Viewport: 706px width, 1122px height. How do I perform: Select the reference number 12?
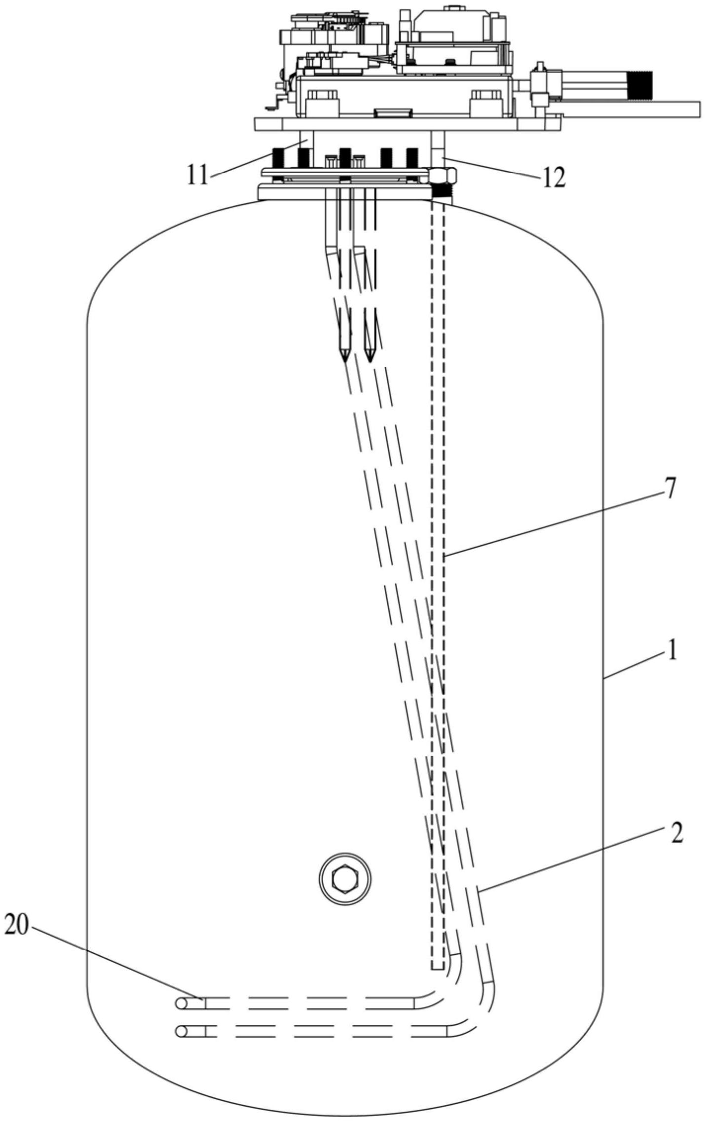click(552, 178)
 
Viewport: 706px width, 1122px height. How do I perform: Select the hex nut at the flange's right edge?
click(442, 175)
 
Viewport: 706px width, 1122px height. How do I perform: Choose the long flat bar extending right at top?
click(632, 110)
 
